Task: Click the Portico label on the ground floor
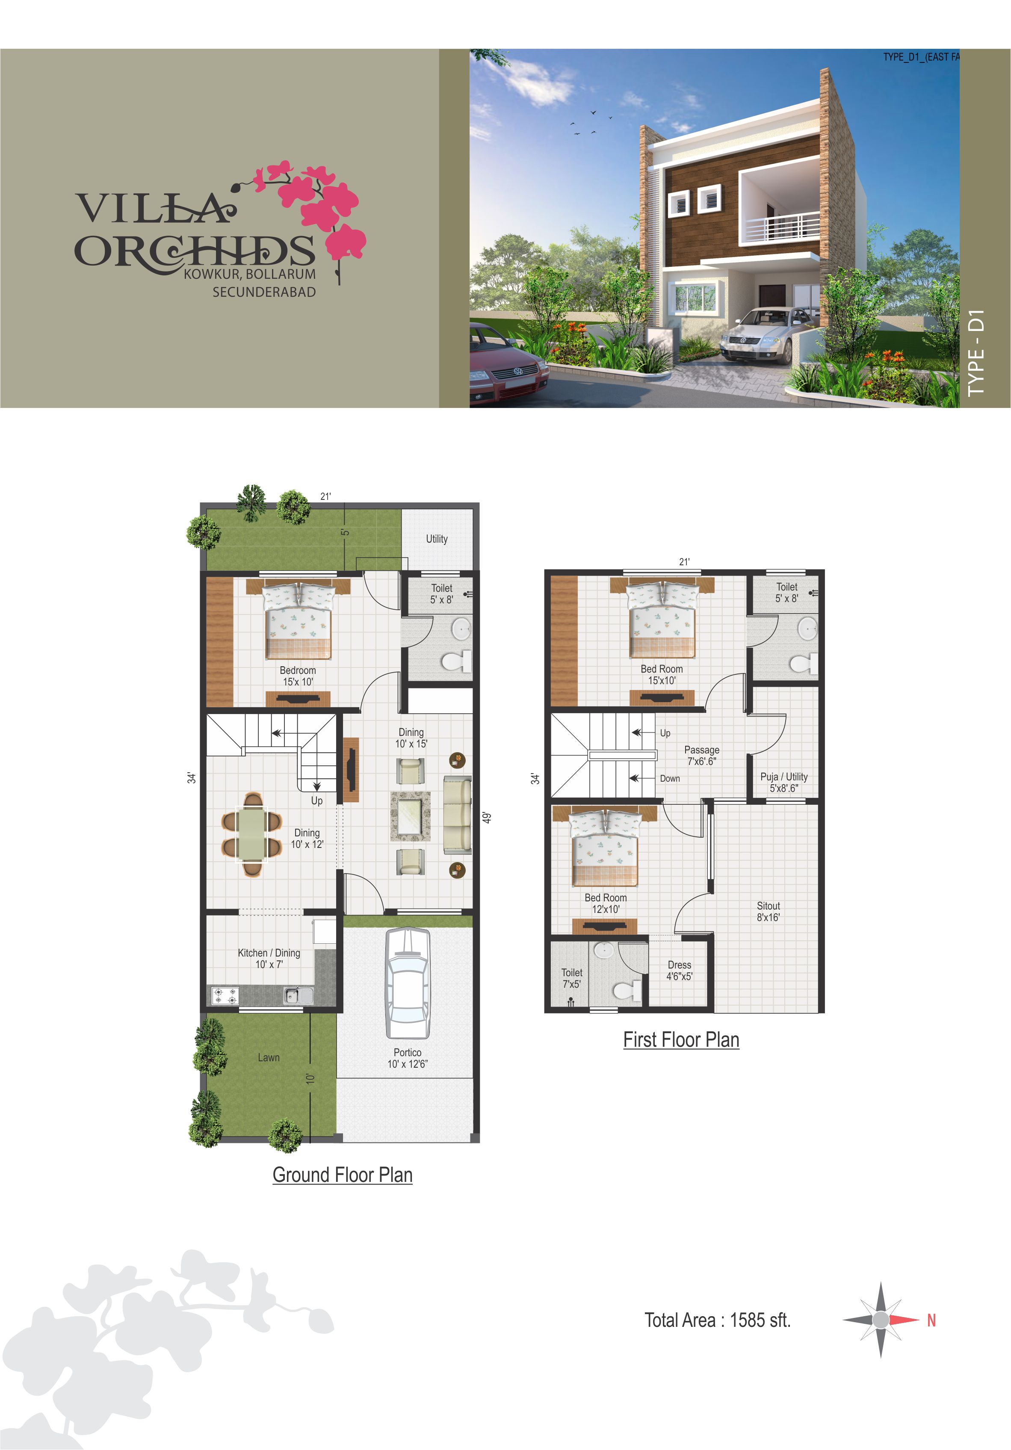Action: click(407, 1058)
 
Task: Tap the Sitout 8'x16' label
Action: click(769, 911)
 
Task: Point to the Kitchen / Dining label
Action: click(269, 958)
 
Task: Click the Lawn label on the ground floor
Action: click(269, 1057)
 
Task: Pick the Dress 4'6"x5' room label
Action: click(680, 971)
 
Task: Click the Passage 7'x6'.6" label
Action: click(701, 755)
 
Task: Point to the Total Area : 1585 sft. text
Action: click(717, 1320)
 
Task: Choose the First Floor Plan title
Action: click(681, 1040)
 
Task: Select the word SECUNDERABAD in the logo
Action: click(264, 292)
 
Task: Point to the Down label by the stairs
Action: click(670, 779)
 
